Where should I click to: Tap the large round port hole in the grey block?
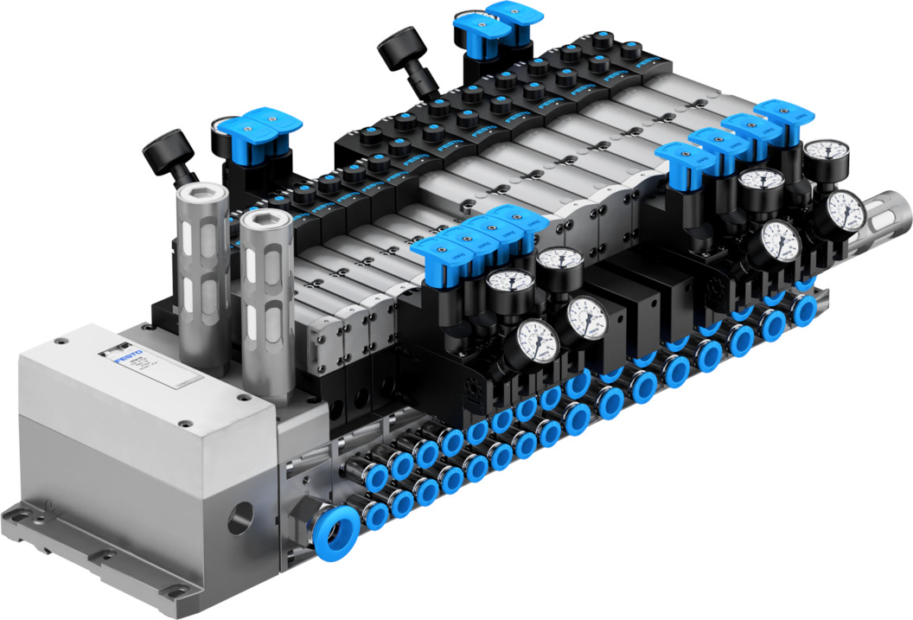point(238,518)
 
